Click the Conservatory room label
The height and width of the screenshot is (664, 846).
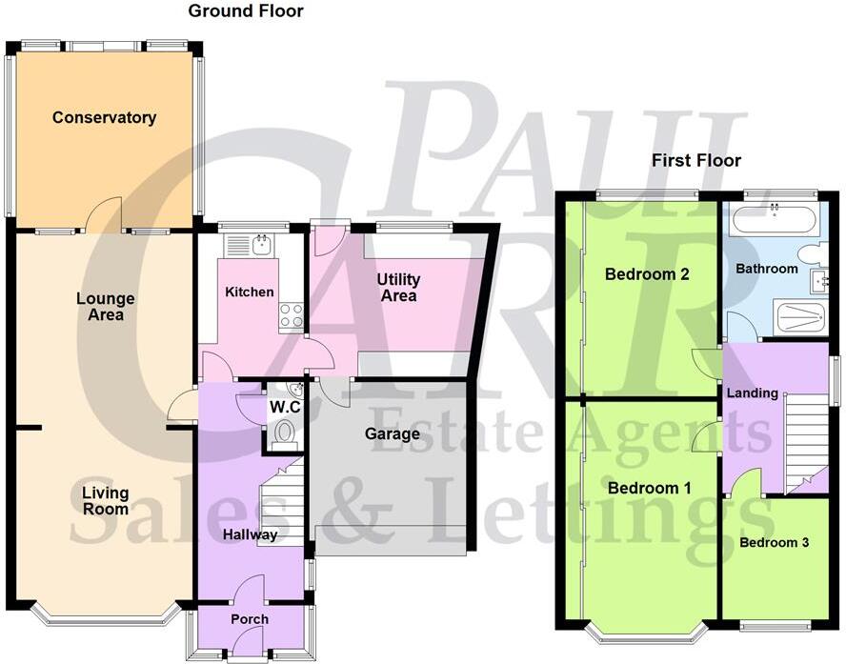tap(104, 118)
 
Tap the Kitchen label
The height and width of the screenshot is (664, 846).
tap(250, 292)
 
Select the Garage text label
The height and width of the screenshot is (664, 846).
tap(392, 434)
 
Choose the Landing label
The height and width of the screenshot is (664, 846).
tap(752, 392)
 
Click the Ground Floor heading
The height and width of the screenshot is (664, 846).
tap(246, 11)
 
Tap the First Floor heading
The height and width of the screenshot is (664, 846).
tap(695, 160)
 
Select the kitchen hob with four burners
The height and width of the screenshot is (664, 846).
tap(291, 316)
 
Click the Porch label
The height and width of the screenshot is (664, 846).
tap(250, 619)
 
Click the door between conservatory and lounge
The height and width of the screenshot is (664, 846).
tap(106, 214)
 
